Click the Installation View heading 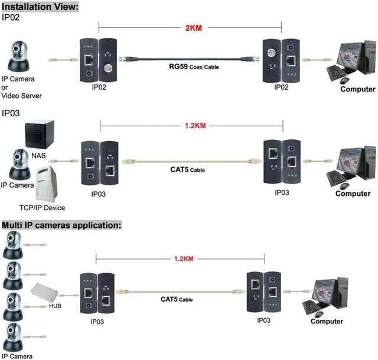pos(40,6)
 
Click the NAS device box pos(41,134)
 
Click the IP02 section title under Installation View pos(11,17)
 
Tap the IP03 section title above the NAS pos(11,113)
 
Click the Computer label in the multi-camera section pos(327,321)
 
